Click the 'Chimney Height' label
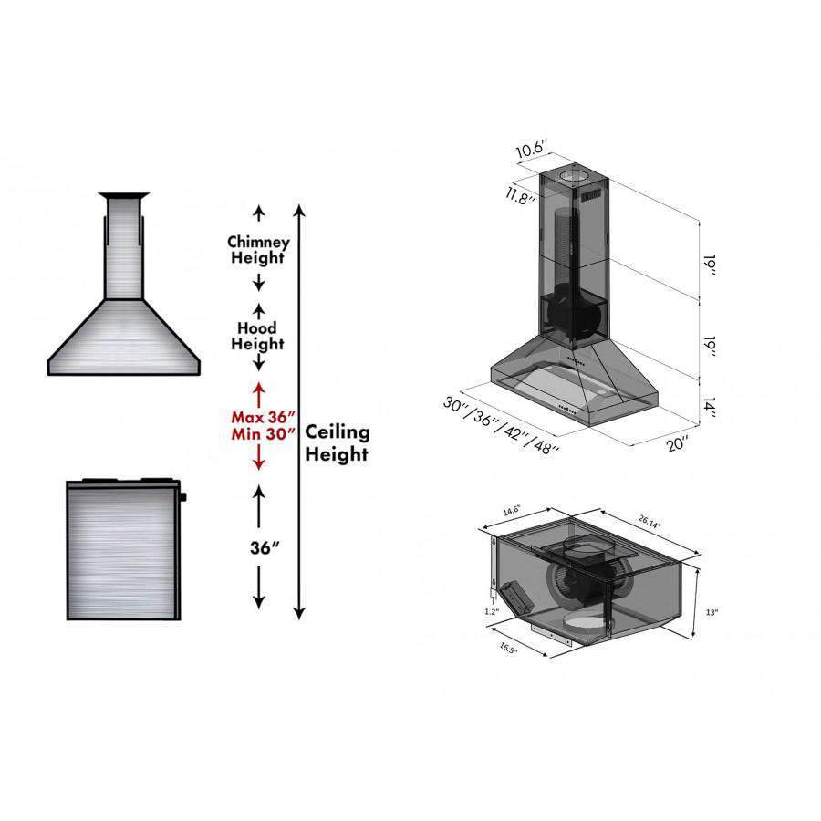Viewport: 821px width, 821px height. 258,250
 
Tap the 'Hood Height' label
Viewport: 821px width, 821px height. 257,336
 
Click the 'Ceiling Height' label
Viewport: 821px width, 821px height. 338,442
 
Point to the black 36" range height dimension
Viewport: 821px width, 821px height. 265,547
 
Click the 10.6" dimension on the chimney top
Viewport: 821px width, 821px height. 532,148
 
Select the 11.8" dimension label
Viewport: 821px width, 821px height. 521,195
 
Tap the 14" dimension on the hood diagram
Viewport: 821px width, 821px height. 709,407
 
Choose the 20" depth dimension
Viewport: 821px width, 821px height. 678,443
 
